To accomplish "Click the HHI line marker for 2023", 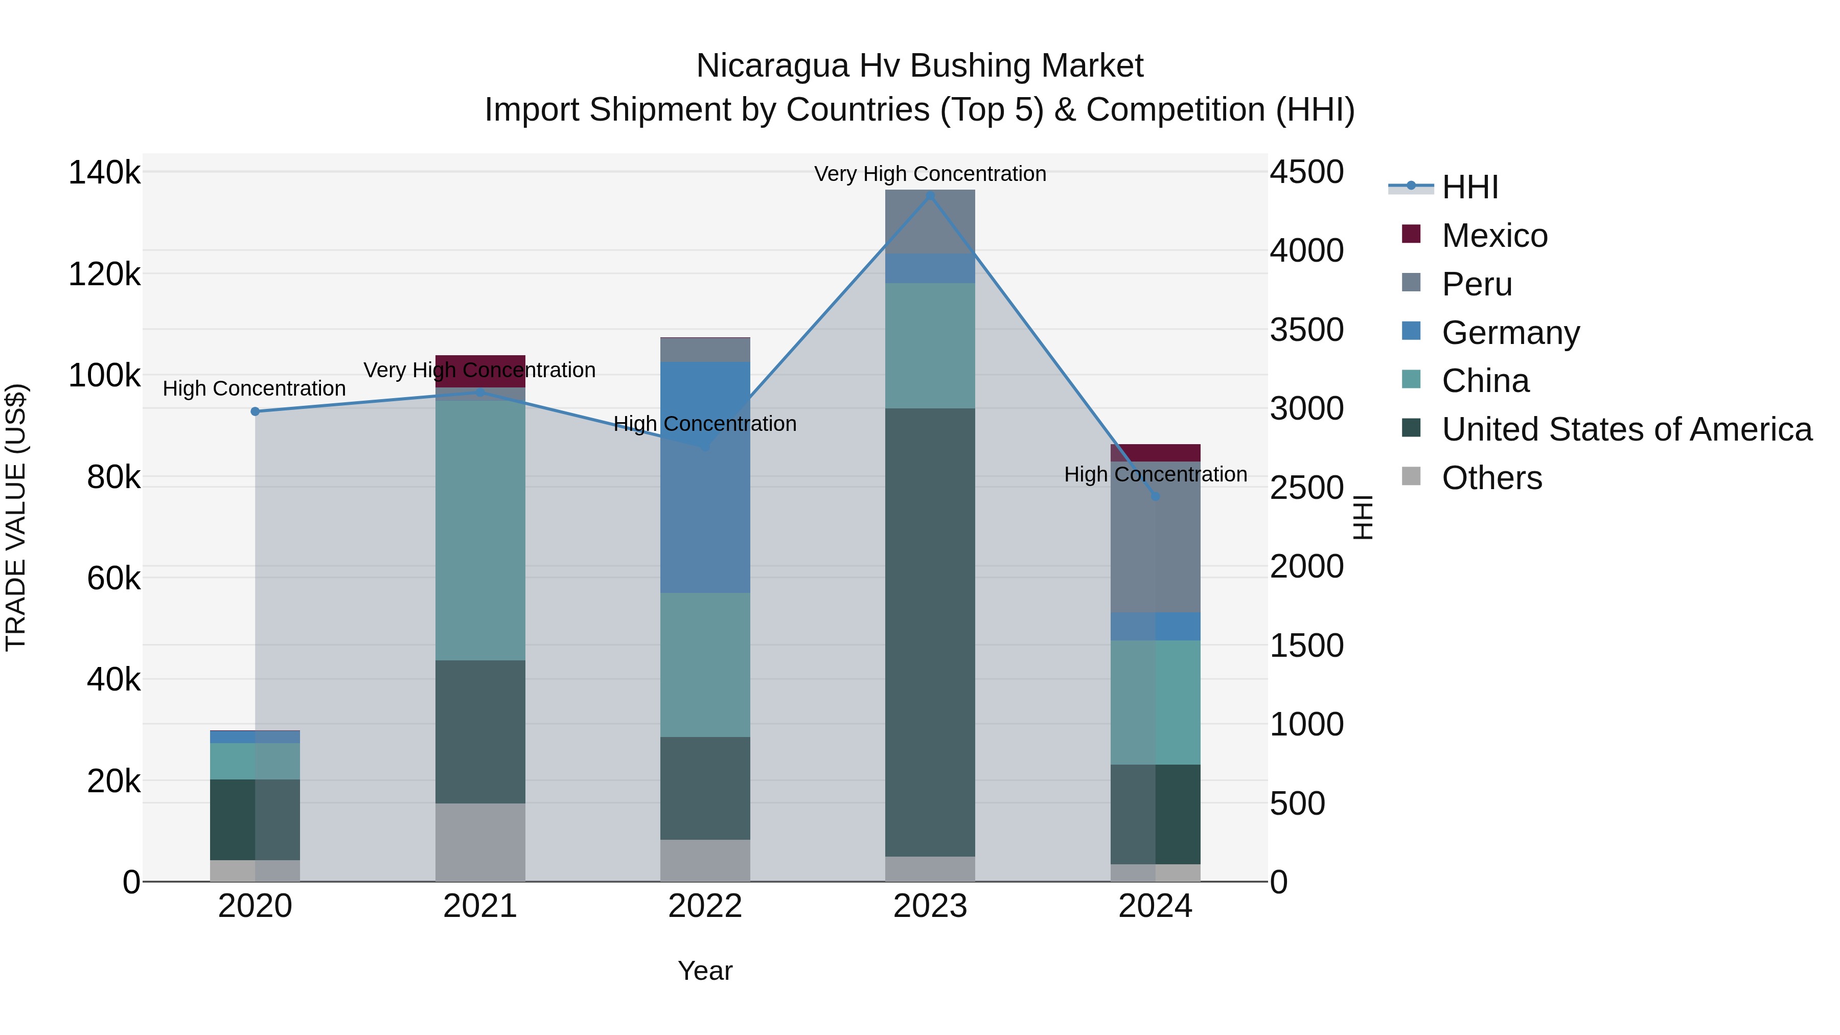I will click(930, 196).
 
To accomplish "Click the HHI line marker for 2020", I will click(255, 411).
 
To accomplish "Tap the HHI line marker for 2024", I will click(1155, 496).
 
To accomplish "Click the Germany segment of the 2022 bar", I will click(705, 500).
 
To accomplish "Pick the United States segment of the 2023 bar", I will click(930, 632).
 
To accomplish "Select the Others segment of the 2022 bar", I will click(705, 860).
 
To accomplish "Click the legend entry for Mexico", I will click(1494, 236).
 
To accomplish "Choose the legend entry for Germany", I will click(1510, 333).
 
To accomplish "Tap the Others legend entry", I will click(1491, 478).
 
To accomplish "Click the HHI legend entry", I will click(1469, 187).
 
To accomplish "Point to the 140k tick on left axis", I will click(104, 173).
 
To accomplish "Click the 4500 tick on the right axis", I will click(1306, 172).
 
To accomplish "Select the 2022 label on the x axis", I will click(705, 906).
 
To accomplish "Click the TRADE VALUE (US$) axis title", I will click(16, 517).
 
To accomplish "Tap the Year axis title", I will click(705, 971).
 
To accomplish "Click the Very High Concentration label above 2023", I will click(930, 174).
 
